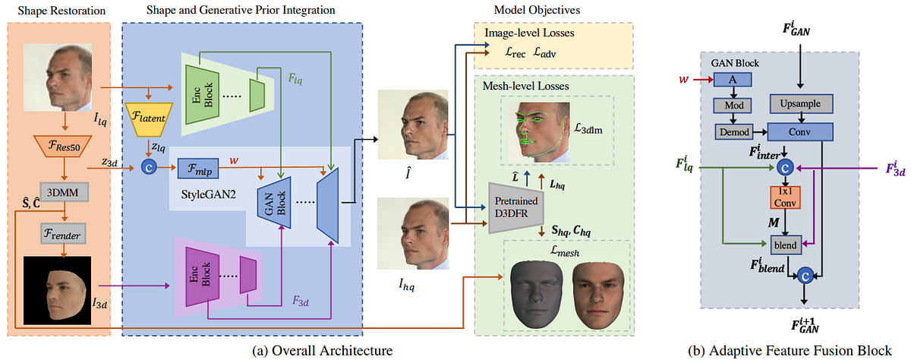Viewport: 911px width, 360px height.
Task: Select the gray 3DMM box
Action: pyautogui.click(x=64, y=189)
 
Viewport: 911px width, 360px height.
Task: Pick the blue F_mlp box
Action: pyautogui.click(x=197, y=166)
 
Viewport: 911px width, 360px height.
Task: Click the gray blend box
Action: pyautogui.click(x=785, y=245)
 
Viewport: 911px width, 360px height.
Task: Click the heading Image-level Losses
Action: pyautogui.click(x=525, y=32)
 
